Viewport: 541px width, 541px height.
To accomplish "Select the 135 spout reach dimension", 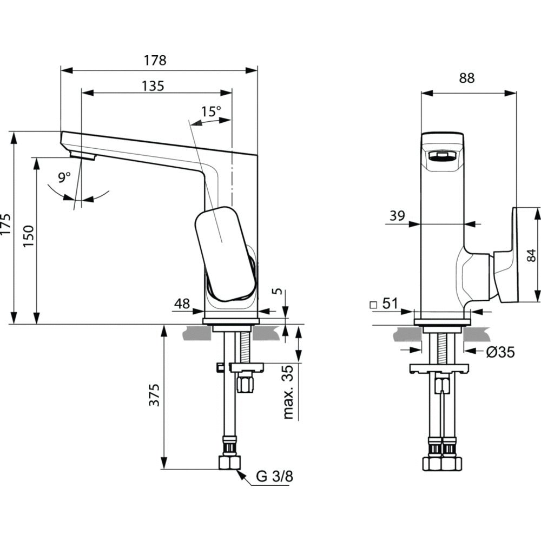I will click(x=153, y=85).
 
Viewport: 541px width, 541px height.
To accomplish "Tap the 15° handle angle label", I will click(x=211, y=112).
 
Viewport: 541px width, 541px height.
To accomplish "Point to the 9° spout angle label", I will click(x=65, y=177).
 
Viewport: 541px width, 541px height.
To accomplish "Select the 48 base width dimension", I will click(x=182, y=304).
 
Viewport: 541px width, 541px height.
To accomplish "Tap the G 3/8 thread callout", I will click(x=274, y=477).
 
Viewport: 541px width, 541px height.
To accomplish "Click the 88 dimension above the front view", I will click(x=467, y=78).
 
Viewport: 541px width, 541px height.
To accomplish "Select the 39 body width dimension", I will click(x=397, y=216).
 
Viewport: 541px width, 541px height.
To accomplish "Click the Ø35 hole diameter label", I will click(x=500, y=352).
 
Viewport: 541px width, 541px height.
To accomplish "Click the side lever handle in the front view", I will click(x=510, y=254).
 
